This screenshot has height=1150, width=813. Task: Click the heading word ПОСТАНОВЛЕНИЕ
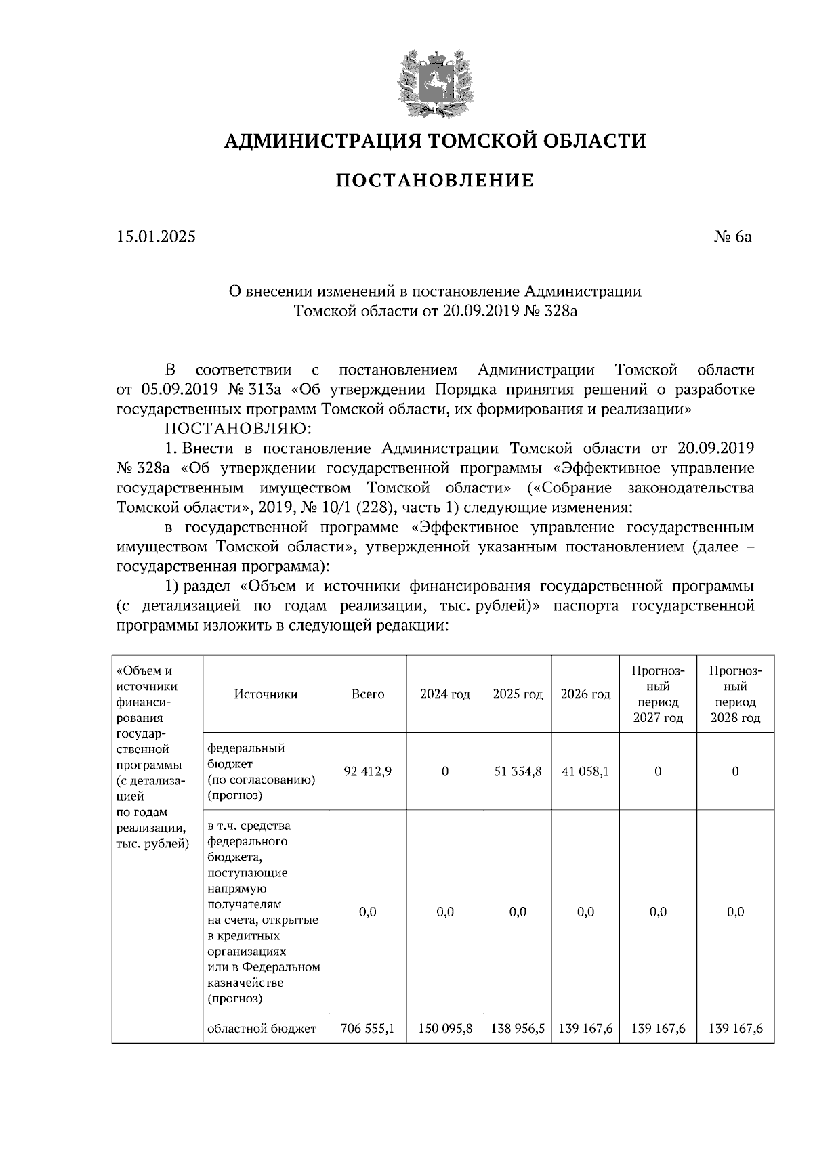pos(435,181)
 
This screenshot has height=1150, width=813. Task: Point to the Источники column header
pos(266,694)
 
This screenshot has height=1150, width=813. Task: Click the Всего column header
pos(367,694)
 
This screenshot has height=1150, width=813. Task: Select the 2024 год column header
pos(445,694)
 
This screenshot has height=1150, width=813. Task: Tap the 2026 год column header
pos(585,694)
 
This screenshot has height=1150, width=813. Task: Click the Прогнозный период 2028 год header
pos(735,694)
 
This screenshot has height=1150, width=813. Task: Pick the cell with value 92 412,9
pos(367,771)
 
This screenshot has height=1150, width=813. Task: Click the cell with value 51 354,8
pos(518,771)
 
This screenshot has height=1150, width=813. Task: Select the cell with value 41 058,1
pos(585,771)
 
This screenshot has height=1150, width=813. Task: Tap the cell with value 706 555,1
pos(367,1029)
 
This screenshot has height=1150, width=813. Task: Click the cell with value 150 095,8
pos(445,1029)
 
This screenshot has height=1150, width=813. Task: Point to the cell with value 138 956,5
pos(518,1029)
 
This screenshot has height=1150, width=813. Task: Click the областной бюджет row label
pos(262,1029)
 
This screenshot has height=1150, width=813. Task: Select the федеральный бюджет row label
pos(247,756)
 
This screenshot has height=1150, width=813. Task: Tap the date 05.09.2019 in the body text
pos(178,390)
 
